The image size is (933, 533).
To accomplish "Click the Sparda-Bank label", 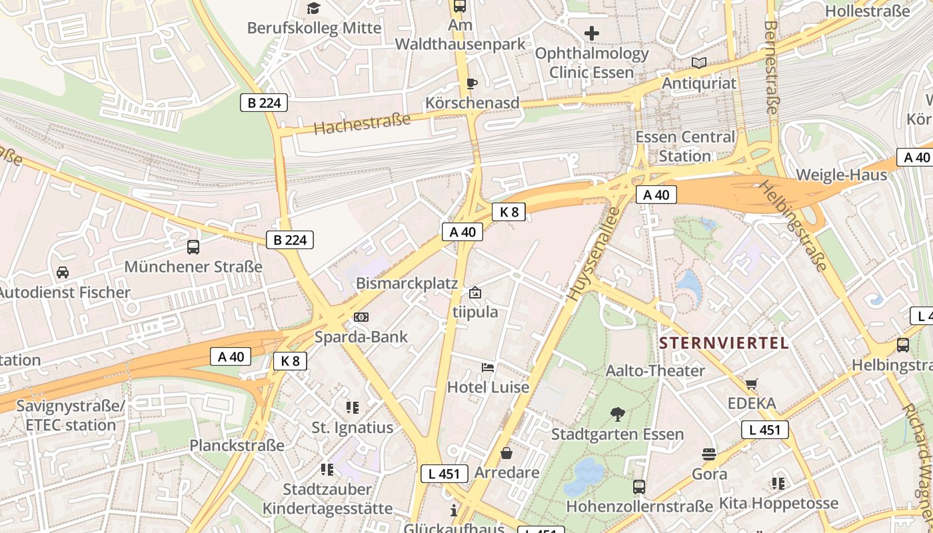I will (x=361, y=336).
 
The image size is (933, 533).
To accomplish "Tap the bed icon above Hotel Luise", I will (x=488, y=368).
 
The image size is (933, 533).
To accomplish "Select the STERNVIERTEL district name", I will (x=724, y=343).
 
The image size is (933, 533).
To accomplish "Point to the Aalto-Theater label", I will (x=655, y=370).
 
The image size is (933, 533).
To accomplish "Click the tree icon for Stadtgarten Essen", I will (x=618, y=414).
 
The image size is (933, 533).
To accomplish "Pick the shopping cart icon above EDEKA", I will (x=752, y=384).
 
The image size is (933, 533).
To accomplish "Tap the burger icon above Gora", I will (x=708, y=454).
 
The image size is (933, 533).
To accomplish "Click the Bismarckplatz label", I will (x=407, y=283).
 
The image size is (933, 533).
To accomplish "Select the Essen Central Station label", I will (x=686, y=146).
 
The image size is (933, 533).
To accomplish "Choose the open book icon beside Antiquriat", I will (x=699, y=63).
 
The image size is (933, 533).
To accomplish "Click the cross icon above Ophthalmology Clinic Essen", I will (x=591, y=33).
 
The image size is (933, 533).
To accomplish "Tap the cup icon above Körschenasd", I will (x=472, y=83).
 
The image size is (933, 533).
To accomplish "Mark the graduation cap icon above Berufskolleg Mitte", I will (x=313, y=8).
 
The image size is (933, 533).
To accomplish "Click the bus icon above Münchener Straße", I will (x=193, y=247).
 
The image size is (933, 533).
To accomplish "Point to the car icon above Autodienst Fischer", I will (x=63, y=272).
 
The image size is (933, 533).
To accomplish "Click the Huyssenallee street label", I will (x=593, y=255).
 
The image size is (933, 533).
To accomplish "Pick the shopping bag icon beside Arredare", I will (x=506, y=453).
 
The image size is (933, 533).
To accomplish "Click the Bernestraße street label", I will (x=771, y=67).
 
